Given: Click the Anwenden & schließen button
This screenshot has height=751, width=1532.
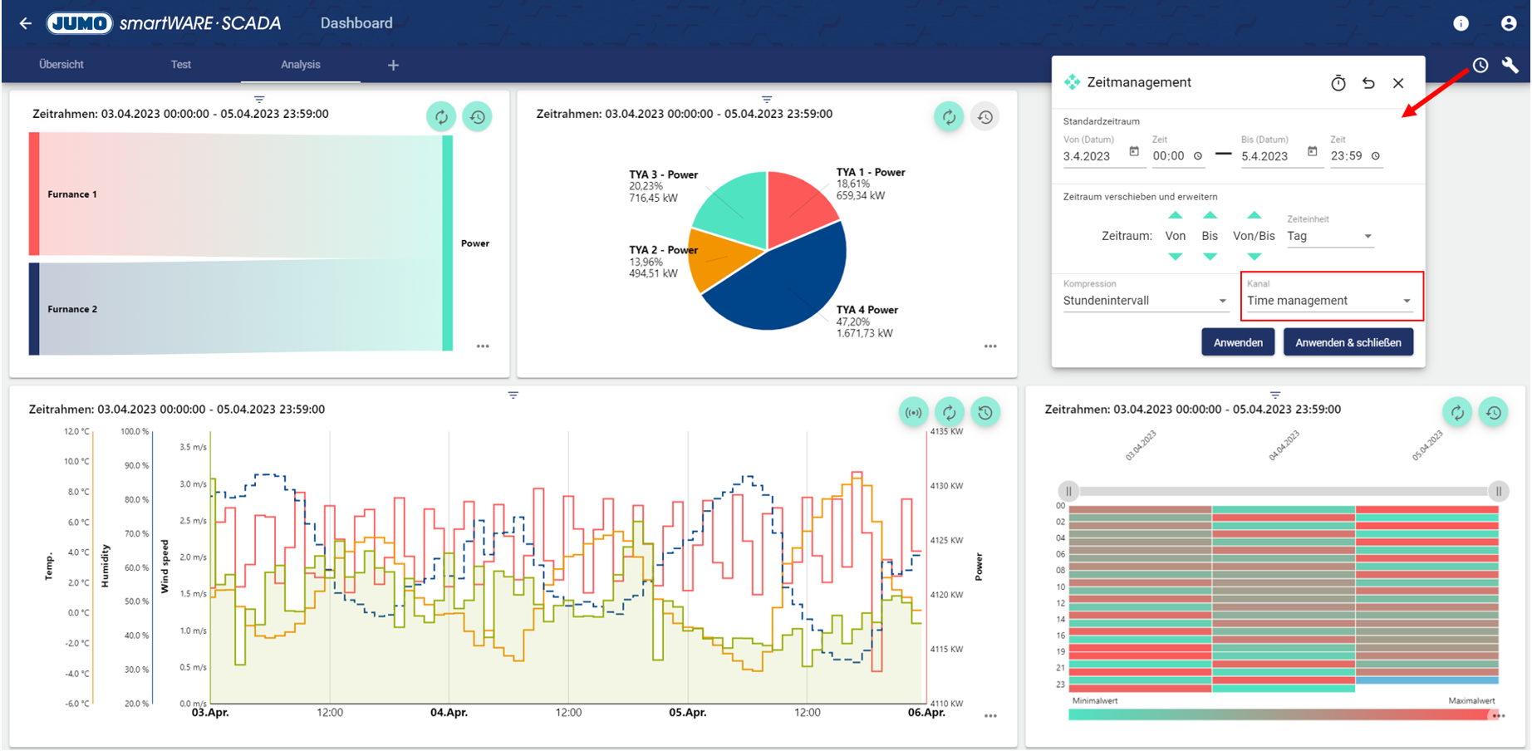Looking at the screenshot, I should pos(1348,342).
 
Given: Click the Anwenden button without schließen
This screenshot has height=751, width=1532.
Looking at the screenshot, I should pos(1237,342).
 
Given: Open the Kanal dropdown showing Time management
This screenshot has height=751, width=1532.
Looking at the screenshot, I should pos(1329,301).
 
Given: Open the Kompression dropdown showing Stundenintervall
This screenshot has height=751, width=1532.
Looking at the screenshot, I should pos(1144,301).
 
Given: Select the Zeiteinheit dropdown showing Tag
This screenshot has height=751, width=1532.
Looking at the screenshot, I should pos(1328,237).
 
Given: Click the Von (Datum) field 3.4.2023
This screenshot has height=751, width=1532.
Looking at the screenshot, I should pos(1092,156).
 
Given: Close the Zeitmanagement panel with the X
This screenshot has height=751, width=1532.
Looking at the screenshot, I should pos(1398,83).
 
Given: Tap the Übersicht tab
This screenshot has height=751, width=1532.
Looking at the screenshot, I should pos(61,65).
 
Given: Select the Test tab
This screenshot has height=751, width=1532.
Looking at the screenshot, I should pos(181,65).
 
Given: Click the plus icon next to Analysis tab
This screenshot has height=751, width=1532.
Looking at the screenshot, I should pos(393,65).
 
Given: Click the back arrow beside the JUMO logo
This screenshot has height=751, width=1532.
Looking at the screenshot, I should pos(26,23).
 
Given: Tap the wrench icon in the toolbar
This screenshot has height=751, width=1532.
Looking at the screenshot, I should pos(1510,65).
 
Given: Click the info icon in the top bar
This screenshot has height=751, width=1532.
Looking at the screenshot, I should pos(1461,23).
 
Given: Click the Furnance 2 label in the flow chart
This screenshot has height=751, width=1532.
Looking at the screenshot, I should pos(72,309).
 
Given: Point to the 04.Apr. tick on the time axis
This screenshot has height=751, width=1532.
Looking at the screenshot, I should pos(449,713).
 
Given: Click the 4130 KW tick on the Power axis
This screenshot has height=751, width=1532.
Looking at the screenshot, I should pos(946,486).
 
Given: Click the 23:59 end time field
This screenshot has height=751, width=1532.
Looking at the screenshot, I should pos(1347,156).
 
